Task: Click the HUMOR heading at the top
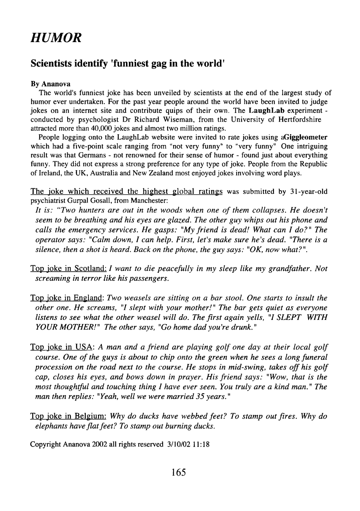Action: click(x=57, y=36)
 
